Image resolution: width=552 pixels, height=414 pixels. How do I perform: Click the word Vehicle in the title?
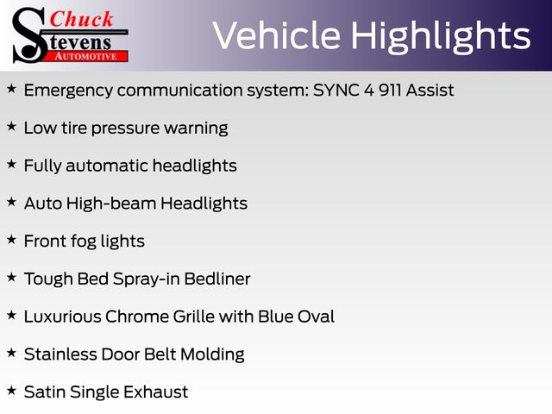click(276, 35)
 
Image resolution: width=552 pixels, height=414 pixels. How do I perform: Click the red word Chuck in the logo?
click(81, 19)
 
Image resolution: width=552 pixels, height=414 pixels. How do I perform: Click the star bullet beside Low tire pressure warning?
click(11, 127)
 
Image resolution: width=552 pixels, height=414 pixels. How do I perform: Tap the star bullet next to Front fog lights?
click(11, 240)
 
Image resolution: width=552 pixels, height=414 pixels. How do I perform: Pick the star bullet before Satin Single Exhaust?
click(11, 391)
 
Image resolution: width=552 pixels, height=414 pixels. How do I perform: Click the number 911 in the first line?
click(390, 90)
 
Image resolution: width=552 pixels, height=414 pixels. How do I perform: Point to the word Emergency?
click(69, 91)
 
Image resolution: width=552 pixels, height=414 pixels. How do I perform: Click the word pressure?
click(125, 129)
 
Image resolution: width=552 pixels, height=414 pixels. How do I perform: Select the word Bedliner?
click(217, 279)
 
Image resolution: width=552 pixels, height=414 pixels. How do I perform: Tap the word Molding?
click(212, 355)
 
